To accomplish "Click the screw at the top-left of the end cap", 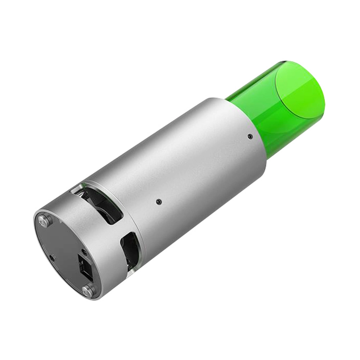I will click(x=45, y=220).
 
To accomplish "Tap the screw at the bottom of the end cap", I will click(x=88, y=290).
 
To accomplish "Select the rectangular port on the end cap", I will click(x=84, y=267).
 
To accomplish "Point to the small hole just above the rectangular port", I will click(x=84, y=251).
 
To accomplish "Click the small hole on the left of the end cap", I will click(x=52, y=257).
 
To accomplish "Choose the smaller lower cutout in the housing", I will click(x=130, y=248).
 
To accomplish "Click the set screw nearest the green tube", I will click(x=250, y=136).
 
